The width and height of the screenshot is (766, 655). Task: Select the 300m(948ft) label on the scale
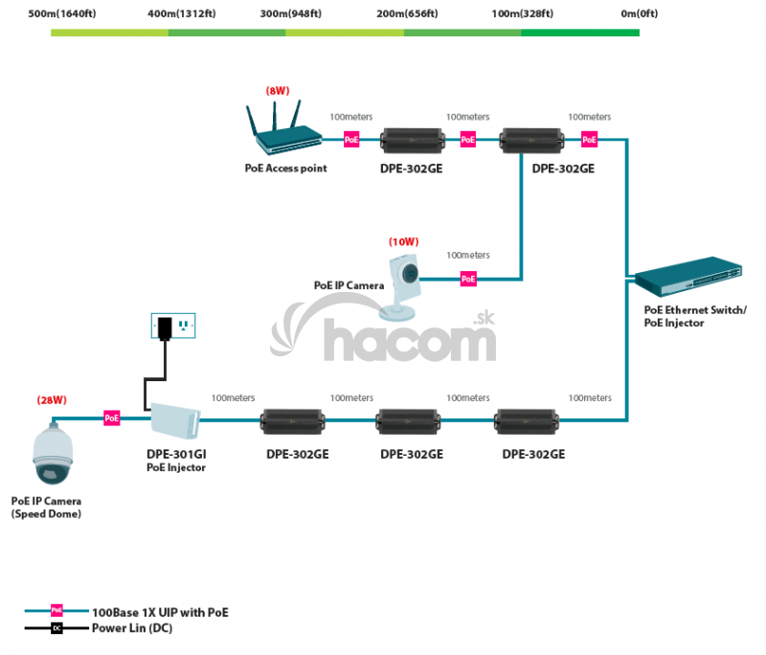coord(291,13)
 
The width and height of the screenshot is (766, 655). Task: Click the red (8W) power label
coord(278,91)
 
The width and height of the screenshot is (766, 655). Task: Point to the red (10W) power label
coord(403,241)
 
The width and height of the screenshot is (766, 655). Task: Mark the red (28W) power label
coord(51,398)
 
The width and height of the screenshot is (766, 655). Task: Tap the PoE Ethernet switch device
coord(687,279)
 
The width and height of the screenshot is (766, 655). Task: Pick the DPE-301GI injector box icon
coord(174,418)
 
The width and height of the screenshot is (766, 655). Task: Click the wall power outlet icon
coord(172,327)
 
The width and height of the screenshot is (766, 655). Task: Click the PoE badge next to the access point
coord(351,140)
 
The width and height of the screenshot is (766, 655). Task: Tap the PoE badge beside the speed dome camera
coord(112,418)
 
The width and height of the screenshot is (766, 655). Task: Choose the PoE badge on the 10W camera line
coord(468,279)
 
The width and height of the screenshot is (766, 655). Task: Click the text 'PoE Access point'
coord(285,169)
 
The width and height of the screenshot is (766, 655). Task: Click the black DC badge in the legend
coord(56,629)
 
